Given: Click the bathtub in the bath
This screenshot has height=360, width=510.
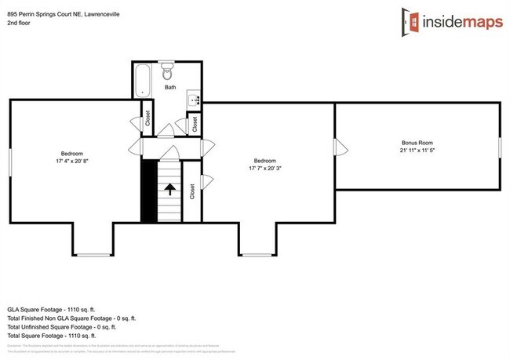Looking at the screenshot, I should [x=143, y=81].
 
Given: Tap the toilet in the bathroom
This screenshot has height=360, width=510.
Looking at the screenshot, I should [x=166, y=74].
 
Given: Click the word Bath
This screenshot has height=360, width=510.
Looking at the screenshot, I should [x=170, y=88].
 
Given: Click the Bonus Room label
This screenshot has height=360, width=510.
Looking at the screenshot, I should [x=417, y=143].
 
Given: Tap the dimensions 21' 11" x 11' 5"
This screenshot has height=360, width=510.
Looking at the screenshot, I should [x=417, y=150].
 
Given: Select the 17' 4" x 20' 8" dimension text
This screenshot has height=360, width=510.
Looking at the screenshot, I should [x=72, y=161].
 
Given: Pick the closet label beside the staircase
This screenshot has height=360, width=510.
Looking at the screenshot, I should [x=192, y=191].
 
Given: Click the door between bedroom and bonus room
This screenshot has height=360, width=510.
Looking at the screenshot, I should [x=336, y=147].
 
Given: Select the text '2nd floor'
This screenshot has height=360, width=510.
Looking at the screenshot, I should [x=20, y=23].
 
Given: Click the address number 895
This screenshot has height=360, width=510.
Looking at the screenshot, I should [x=13, y=13].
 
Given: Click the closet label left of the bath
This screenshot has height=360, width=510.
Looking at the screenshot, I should [x=148, y=118].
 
